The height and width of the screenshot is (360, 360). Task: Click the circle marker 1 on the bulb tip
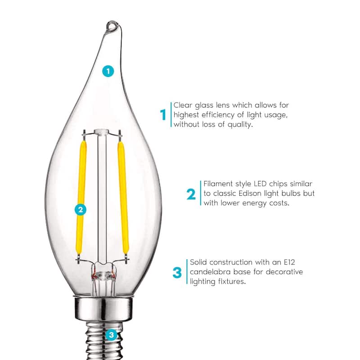click(x=108, y=71)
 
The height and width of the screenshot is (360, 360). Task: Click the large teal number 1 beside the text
click(x=163, y=115)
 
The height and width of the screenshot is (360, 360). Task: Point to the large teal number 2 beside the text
click(x=191, y=194)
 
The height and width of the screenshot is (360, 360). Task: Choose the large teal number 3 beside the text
click(x=177, y=272)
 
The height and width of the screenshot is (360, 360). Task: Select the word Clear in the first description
click(x=183, y=105)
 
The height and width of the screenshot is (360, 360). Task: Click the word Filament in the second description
click(x=219, y=184)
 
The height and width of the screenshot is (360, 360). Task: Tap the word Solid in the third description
click(x=200, y=262)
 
